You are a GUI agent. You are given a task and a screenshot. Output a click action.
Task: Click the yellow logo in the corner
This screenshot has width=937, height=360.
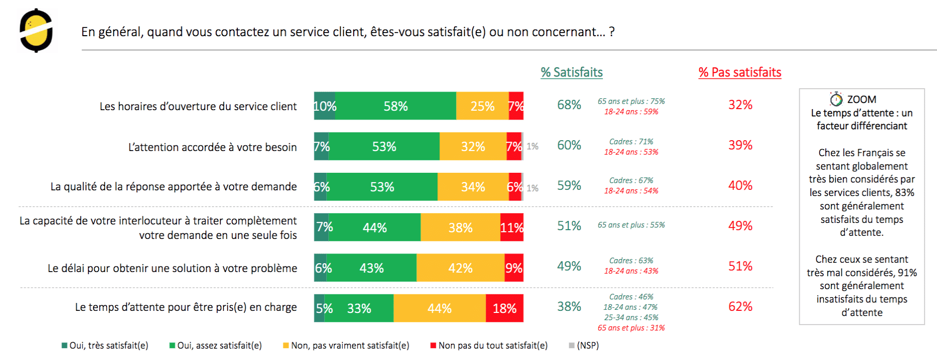point(36,31)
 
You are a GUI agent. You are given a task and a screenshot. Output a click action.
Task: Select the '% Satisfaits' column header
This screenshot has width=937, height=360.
point(571,72)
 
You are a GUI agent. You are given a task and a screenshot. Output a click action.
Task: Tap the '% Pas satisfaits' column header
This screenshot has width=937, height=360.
point(739,72)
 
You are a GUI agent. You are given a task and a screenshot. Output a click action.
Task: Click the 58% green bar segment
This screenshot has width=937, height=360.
point(396,106)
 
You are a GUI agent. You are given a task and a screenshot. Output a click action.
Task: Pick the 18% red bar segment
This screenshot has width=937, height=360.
point(505,308)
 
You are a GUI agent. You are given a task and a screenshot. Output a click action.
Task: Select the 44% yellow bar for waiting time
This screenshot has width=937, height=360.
point(440,308)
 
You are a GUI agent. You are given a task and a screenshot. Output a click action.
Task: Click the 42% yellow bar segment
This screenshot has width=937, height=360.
point(460,268)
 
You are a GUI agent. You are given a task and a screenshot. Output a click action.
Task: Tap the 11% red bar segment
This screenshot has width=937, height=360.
point(512,228)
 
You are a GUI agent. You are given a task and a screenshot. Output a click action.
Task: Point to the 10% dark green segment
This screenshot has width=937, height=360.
point(324,106)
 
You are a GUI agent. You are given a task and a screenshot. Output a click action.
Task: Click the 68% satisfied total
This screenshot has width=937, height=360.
point(569,105)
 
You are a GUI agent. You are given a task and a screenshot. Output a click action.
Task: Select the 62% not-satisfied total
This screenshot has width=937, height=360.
point(740,307)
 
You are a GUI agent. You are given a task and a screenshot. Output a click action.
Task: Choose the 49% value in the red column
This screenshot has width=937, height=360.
point(740,226)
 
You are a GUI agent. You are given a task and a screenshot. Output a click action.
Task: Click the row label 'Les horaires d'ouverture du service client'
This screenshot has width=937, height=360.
point(198,107)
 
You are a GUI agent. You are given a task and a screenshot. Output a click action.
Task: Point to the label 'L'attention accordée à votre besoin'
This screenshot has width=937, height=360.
point(213,147)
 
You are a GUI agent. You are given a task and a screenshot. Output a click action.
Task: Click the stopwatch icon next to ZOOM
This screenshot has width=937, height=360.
point(836,99)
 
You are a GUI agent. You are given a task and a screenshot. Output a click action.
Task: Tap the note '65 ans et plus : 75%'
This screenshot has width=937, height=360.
point(631,101)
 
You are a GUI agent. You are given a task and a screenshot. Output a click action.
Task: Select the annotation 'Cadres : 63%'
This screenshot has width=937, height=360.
point(631,261)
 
